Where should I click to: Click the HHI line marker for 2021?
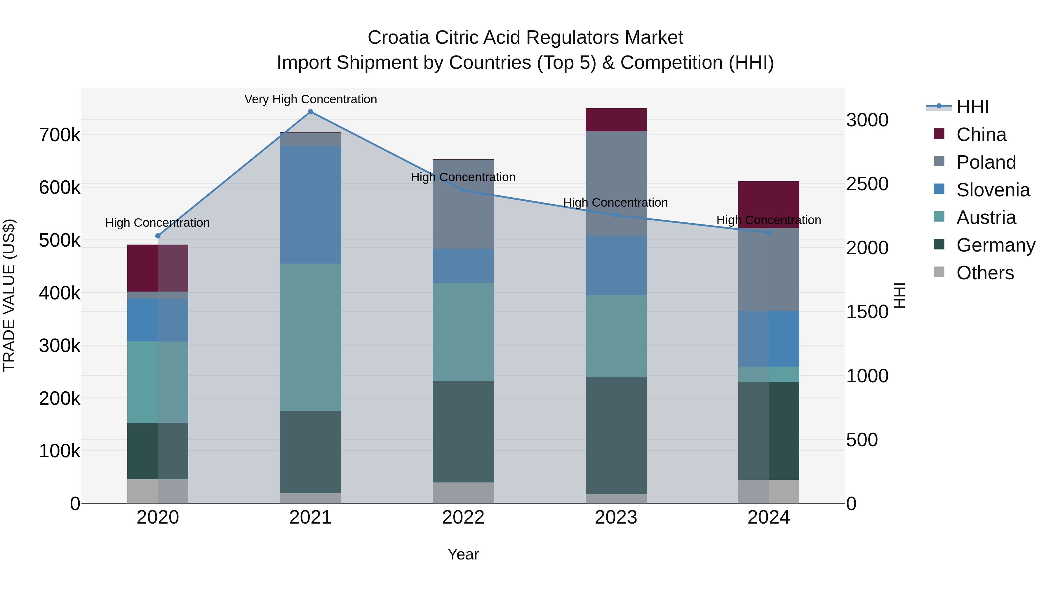point(311,112)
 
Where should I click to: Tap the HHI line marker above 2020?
point(158,236)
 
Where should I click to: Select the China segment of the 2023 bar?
point(616,120)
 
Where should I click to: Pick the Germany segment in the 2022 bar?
point(463,432)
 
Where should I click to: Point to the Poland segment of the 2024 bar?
point(769,270)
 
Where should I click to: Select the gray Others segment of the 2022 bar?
point(463,493)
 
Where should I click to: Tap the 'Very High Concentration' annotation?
point(311,99)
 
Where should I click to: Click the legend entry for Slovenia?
point(993,190)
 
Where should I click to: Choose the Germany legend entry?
point(996,245)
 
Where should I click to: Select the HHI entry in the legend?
point(972,107)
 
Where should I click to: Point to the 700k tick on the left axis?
point(60,135)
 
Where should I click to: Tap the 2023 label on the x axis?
point(616,517)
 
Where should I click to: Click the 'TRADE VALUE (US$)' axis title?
point(9,295)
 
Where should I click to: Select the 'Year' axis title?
point(463,554)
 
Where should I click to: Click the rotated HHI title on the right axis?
point(899,295)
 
